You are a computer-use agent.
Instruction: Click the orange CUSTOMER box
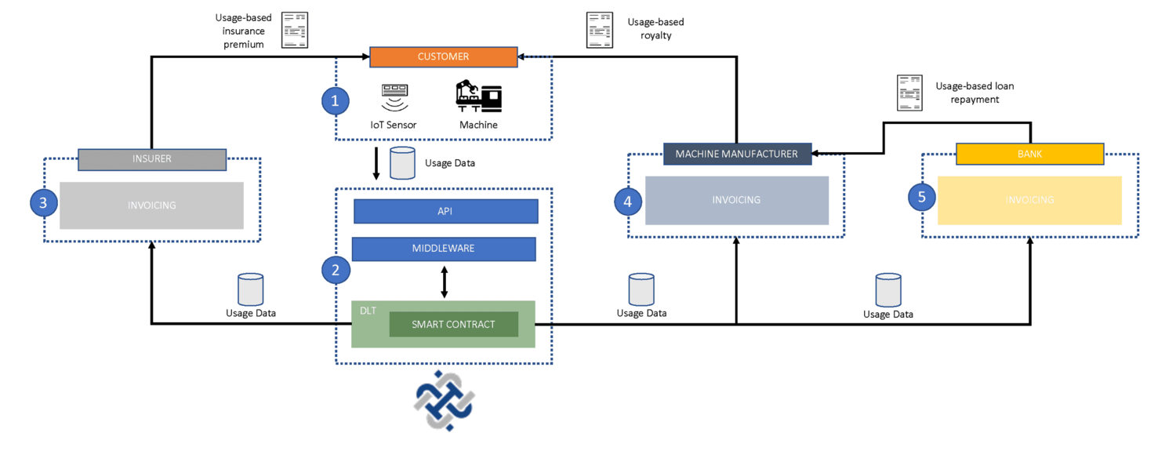coord(443,56)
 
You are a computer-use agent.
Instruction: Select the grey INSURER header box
coord(152,158)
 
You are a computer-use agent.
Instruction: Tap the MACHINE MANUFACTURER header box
coord(736,154)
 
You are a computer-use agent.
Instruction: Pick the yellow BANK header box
coord(1029,154)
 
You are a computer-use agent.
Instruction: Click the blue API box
coord(445,211)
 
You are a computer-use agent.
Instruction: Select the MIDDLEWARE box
coord(443,249)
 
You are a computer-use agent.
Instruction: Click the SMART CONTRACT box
coord(453,324)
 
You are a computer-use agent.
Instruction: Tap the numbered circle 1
coord(336,100)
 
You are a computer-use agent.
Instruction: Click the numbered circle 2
coord(336,271)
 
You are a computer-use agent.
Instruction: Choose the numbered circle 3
coord(43,203)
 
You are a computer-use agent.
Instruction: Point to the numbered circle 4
coord(627,201)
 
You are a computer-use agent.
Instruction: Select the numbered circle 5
coord(921,197)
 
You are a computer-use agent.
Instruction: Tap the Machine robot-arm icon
coord(478,96)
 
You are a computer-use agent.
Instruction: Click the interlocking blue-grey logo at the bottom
coord(445,400)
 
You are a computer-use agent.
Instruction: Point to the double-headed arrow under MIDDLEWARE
coord(445,282)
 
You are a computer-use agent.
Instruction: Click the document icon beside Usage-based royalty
coord(600,30)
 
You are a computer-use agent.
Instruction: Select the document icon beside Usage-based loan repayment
coord(909,93)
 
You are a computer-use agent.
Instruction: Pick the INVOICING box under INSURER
coord(151,205)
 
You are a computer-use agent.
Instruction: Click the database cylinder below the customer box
coord(402,162)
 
